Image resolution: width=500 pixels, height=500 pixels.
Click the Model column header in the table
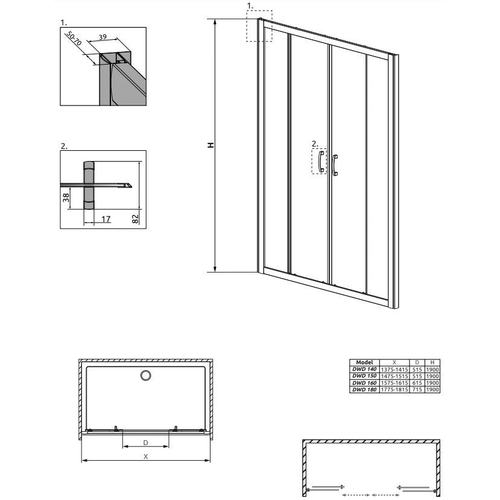[x=365, y=362]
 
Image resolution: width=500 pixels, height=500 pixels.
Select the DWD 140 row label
[x=364, y=369]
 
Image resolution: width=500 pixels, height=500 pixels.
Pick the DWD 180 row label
[x=364, y=390]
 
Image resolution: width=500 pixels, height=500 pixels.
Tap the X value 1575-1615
[x=394, y=383]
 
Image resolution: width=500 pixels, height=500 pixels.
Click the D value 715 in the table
[x=416, y=390]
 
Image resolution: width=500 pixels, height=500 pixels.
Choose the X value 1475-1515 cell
[x=394, y=376]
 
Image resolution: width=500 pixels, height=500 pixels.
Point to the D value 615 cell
[x=416, y=383]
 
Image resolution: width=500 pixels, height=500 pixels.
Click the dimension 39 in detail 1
[x=103, y=37]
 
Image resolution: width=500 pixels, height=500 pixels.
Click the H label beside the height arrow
[x=210, y=145]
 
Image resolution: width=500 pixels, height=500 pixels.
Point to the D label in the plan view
[x=146, y=443]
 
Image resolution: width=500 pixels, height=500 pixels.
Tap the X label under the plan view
[x=146, y=457]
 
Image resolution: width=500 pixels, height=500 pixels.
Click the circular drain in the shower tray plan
[x=146, y=376]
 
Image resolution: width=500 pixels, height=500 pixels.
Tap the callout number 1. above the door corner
[x=251, y=5]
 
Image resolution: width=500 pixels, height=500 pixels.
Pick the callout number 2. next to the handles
[x=314, y=144]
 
